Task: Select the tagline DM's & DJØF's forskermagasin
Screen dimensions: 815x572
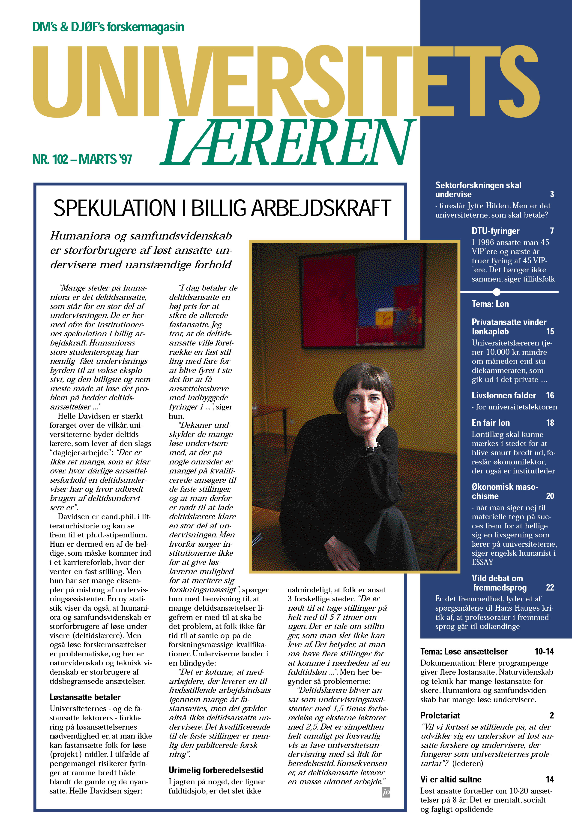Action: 108,27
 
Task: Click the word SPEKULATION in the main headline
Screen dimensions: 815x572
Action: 114,208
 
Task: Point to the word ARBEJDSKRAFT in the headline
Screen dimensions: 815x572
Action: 321,208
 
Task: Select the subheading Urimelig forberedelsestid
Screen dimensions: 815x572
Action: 216,770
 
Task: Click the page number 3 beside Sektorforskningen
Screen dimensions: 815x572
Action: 552,194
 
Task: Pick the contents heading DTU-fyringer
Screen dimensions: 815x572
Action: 495,231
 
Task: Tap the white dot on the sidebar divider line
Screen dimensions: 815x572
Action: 497,292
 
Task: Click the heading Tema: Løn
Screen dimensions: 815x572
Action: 490,304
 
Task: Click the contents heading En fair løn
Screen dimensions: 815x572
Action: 491,423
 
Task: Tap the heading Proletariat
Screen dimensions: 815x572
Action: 440,715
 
